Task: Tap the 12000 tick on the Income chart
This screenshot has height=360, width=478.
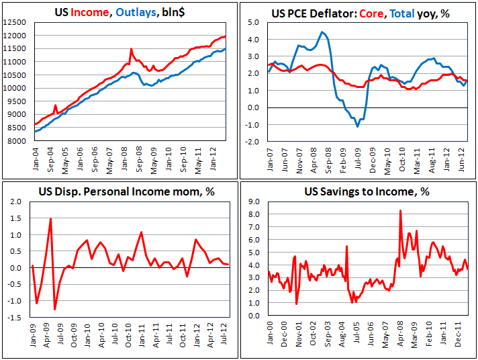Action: click(15, 36)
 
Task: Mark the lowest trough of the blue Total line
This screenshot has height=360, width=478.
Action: click(358, 126)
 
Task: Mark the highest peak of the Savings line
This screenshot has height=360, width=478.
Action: click(401, 210)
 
